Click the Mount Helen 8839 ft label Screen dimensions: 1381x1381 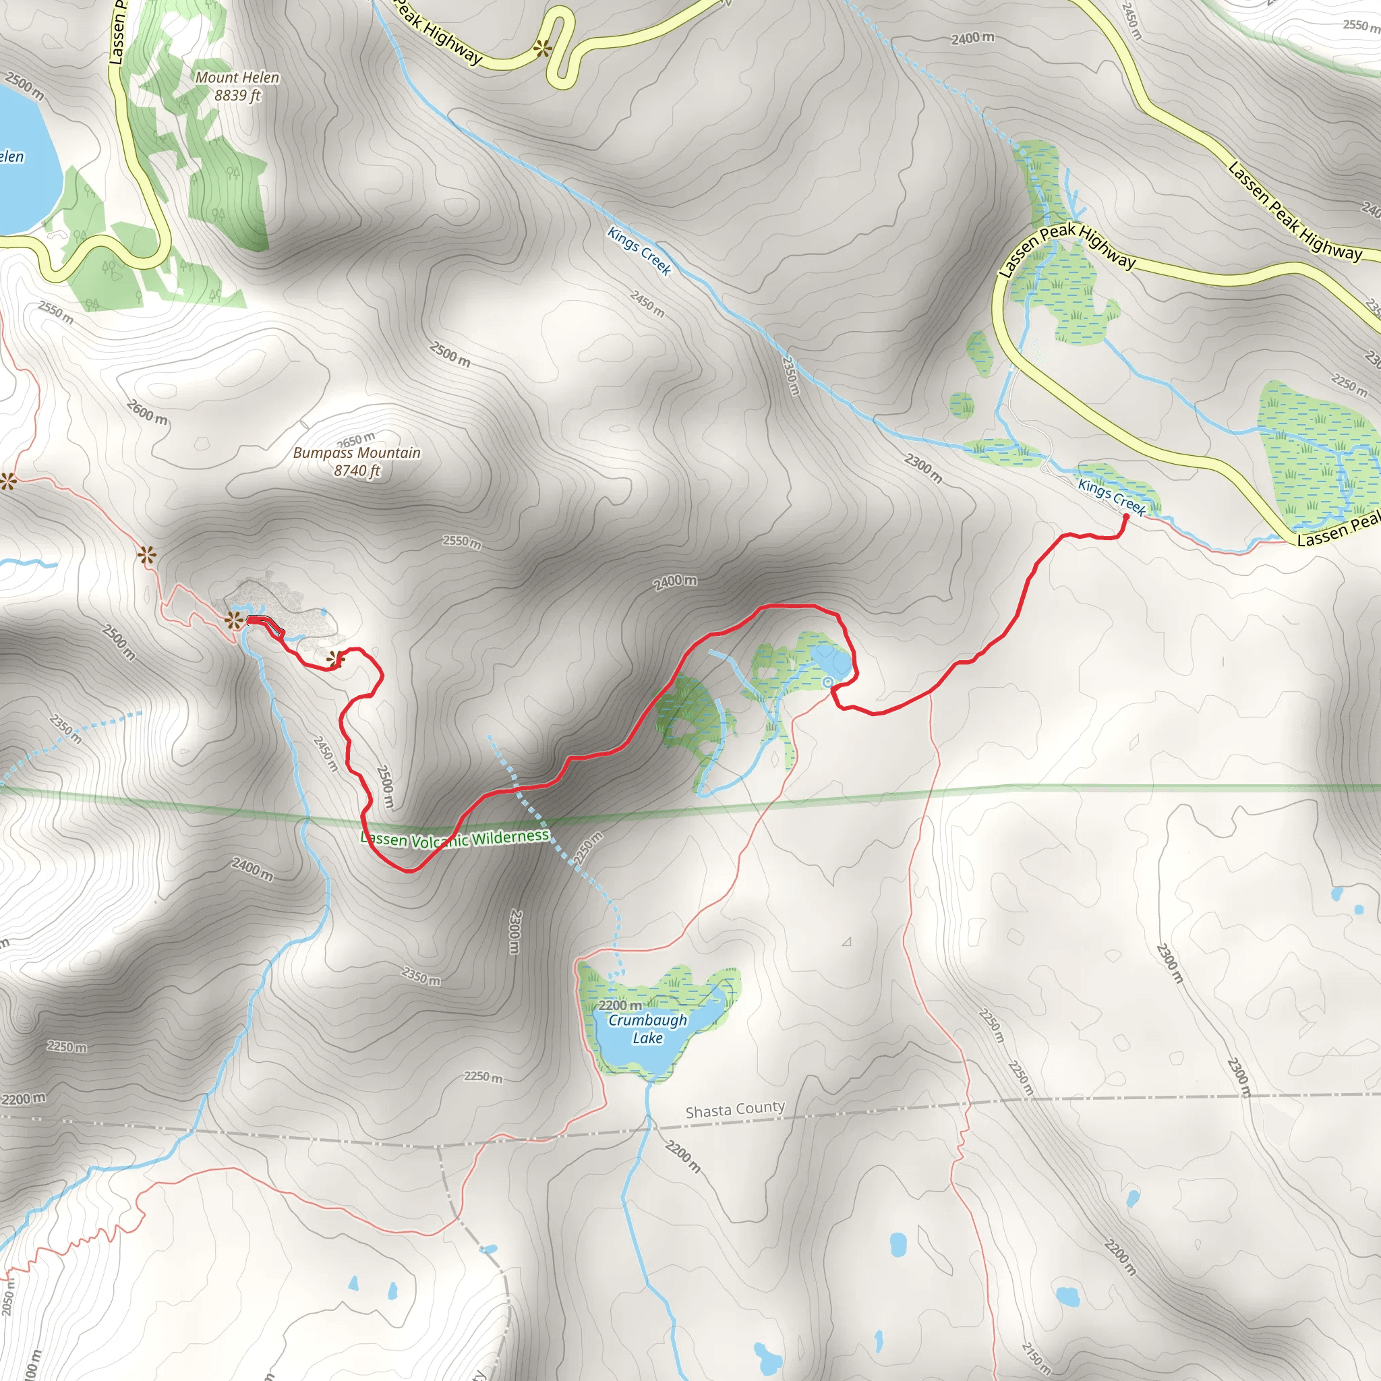click(237, 86)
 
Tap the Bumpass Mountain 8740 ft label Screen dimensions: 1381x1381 click(357, 461)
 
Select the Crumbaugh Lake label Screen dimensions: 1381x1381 click(647, 1029)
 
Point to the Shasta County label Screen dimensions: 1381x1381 click(735, 1109)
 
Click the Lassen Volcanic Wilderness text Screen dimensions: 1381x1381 click(455, 838)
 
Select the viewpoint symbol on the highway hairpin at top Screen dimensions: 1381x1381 click(543, 49)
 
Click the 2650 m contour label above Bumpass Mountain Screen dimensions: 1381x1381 click(355, 440)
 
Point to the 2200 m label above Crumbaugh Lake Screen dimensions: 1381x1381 click(620, 1005)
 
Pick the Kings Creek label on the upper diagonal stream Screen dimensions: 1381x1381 click(639, 251)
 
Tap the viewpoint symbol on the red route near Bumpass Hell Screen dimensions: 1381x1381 click(335, 659)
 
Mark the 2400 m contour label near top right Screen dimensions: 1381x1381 click(972, 38)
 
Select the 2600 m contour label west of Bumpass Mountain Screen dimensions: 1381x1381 click(147, 412)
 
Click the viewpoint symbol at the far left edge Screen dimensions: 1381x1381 click(8, 481)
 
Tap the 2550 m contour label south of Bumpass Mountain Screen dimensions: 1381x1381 click(462, 542)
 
